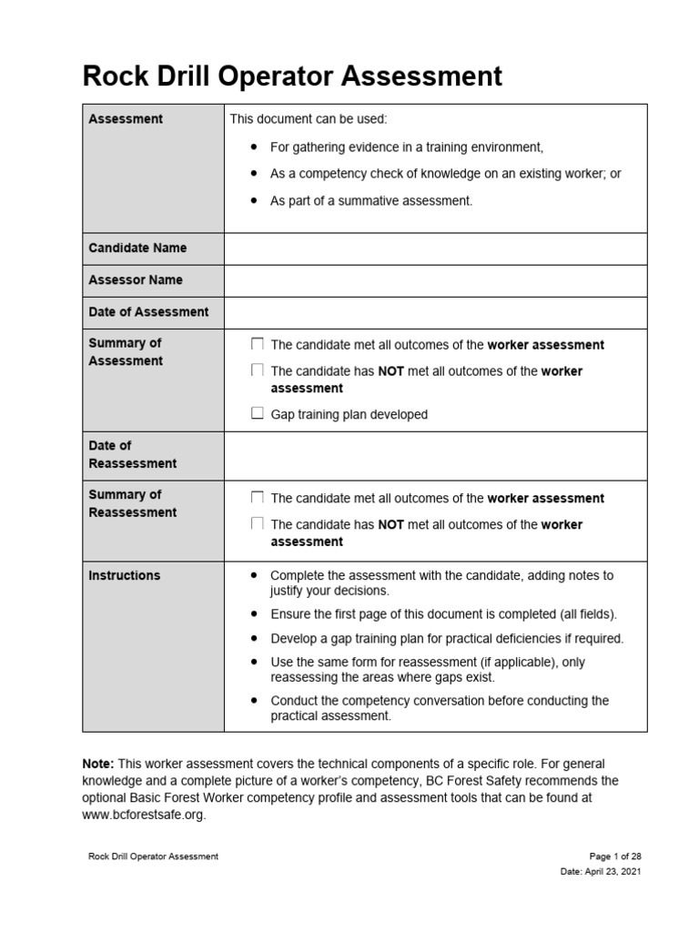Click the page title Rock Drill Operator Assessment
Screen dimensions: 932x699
coord(292,76)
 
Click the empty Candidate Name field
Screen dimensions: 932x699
coord(435,248)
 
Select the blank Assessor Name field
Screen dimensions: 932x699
coord(435,280)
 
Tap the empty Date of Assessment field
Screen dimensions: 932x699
coord(435,312)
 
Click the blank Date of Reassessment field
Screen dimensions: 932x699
coord(435,455)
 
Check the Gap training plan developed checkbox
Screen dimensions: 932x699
coord(258,414)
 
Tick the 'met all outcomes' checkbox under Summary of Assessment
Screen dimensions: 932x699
coord(258,345)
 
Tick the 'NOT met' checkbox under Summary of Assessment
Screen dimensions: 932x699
coord(258,370)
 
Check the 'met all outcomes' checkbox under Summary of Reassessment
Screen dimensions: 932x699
coord(258,498)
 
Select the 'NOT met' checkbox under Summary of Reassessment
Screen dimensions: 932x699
coord(258,524)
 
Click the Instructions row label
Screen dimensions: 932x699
coord(124,575)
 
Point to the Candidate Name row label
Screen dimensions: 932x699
coord(137,248)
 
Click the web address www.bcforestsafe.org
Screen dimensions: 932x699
coord(143,815)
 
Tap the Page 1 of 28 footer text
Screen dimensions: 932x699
coord(615,856)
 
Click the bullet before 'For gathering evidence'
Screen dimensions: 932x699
coord(252,147)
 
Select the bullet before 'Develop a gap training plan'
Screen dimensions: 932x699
coord(252,638)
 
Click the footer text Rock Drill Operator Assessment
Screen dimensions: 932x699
coord(153,856)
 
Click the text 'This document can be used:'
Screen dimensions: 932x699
coord(309,118)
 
